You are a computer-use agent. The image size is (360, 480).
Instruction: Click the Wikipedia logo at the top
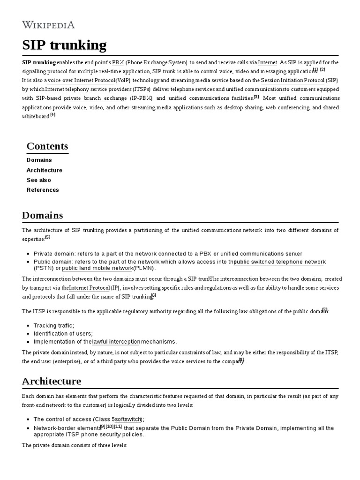(x=48, y=25)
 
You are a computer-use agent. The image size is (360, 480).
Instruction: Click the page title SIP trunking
(x=64, y=45)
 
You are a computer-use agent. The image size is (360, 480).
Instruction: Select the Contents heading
(x=47, y=146)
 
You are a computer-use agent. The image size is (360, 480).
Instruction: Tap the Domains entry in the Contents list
(x=39, y=160)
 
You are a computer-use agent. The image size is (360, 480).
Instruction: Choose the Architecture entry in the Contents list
(x=44, y=170)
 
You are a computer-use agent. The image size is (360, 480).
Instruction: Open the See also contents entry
(x=39, y=180)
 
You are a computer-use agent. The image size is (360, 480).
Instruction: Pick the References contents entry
(x=43, y=190)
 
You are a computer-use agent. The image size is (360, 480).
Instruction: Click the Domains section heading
(x=42, y=216)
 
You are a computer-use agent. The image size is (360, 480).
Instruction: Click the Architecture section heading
(x=52, y=381)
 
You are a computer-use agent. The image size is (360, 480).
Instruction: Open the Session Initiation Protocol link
(x=292, y=80)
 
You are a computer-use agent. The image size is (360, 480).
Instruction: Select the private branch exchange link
(x=95, y=98)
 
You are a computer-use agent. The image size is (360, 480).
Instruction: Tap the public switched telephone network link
(x=280, y=262)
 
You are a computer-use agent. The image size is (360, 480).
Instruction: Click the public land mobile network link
(x=97, y=268)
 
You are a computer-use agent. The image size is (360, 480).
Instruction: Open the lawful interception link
(x=116, y=342)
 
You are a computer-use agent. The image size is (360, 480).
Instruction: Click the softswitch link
(x=128, y=419)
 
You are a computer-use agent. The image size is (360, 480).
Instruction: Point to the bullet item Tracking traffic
(x=53, y=325)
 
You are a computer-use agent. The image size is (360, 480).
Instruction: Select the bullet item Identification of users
(x=63, y=333)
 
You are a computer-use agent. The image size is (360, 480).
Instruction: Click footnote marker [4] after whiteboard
(x=53, y=115)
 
